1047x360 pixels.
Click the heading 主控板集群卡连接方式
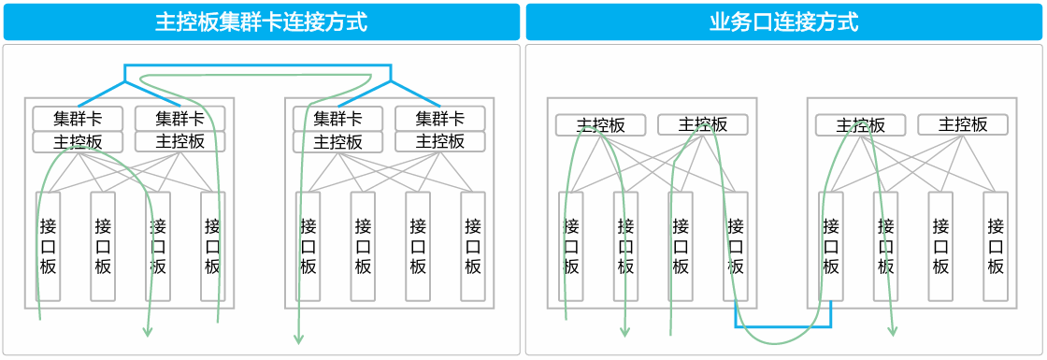pos(261,22)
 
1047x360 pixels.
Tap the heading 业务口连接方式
pos(783,22)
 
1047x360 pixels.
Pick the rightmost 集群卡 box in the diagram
pos(439,119)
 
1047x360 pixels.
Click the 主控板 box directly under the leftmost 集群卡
pos(78,142)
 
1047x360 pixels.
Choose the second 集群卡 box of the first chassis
pos(179,119)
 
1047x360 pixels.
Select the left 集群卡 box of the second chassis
pos(337,119)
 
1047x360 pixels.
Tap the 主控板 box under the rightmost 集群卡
pos(439,142)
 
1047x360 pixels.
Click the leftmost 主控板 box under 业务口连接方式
pos(600,124)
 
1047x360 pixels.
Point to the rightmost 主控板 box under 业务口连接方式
pos(963,124)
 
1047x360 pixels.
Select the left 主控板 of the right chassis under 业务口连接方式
pos(860,124)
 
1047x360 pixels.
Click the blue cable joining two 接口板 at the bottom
pos(783,326)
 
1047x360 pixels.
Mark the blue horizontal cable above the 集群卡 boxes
pos(258,66)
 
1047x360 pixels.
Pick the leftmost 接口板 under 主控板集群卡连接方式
pos(48,246)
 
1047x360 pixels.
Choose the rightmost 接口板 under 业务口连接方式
pos(996,246)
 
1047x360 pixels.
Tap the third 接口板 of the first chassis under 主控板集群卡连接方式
pos(158,246)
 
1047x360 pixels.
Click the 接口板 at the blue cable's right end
pos(831,246)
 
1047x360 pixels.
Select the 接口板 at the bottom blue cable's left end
pos(736,246)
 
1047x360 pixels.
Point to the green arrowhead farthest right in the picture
pos(893,331)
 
